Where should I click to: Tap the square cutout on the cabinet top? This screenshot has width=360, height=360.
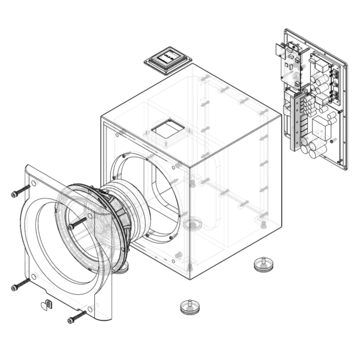168,129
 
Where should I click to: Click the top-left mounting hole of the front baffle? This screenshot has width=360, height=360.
34,183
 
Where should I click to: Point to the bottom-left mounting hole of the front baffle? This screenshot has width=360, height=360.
34,276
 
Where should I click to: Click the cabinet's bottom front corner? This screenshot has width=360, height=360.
190,279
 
